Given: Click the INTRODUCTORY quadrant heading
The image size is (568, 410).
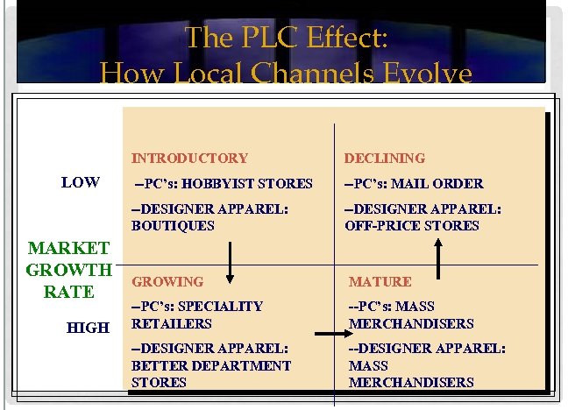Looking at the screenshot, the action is (189, 159).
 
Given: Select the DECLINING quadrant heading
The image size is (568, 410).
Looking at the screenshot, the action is (384, 159).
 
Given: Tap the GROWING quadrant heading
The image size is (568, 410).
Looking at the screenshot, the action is (167, 282).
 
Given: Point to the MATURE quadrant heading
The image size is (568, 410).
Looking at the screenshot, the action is (380, 282).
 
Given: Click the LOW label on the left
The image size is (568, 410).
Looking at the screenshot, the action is (80, 182).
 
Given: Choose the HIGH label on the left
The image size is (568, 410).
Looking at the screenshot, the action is (88, 328).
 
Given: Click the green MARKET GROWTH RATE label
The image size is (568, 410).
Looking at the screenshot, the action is (69, 270).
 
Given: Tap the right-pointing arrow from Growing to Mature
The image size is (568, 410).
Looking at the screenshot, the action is (330, 333).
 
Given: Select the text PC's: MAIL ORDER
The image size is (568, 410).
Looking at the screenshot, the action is (413, 184).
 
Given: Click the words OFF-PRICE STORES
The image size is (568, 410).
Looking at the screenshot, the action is (412, 226).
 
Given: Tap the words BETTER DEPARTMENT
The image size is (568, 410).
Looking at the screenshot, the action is (210, 365).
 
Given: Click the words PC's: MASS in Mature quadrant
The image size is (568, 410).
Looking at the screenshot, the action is (391, 307).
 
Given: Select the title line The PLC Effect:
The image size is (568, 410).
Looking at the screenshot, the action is (287, 38).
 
